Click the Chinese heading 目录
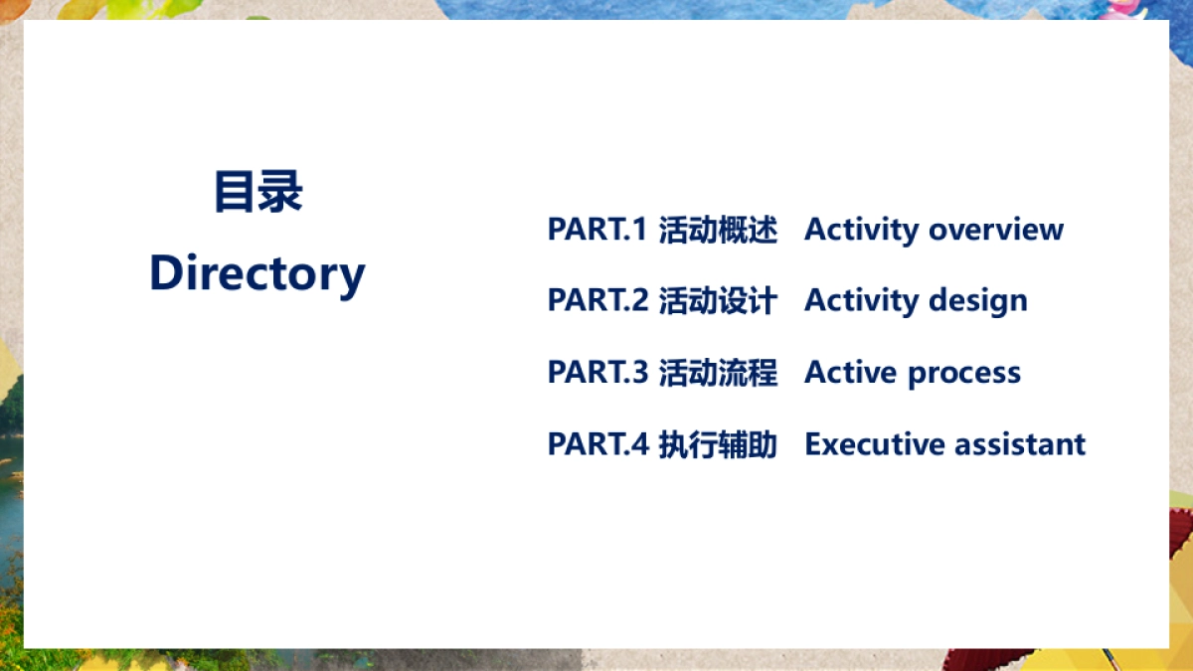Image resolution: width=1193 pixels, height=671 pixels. (x=257, y=193)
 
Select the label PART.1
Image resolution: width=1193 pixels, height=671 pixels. (x=597, y=230)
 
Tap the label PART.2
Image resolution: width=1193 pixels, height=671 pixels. (x=597, y=300)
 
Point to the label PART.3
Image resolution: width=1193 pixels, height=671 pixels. (x=597, y=373)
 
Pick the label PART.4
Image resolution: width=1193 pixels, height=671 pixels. (x=597, y=444)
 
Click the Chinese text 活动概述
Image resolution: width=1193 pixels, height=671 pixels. (x=718, y=230)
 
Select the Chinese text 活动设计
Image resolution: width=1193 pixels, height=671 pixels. (x=718, y=300)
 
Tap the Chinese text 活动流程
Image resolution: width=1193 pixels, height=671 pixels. (x=718, y=373)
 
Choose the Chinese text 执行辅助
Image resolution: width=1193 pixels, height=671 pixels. (x=718, y=444)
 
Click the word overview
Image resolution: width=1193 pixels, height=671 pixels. (x=996, y=230)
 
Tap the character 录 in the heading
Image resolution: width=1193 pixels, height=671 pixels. (x=280, y=193)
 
